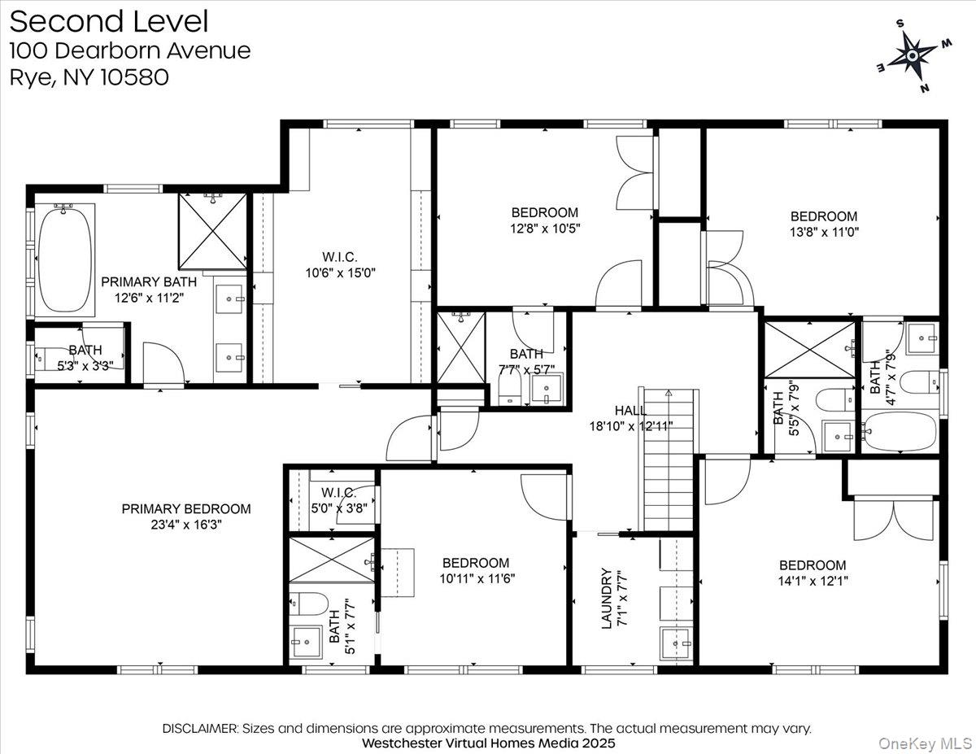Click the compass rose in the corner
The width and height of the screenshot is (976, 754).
coord(912,54)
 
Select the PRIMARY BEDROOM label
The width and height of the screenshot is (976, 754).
coord(186,509)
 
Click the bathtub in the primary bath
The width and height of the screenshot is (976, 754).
coord(66,258)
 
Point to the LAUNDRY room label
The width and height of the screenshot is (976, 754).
coord(606,597)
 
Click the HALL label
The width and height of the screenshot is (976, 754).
coord(630,411)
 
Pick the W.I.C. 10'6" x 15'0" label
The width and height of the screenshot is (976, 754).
coord(339,264)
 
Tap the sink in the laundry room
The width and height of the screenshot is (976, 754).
coord(677,645)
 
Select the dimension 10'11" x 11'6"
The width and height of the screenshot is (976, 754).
coord(476,578)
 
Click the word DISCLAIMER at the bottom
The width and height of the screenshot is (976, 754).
coord(200,728)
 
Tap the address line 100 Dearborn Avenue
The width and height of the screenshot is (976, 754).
coord(130,50)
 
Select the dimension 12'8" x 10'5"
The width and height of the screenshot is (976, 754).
coord(539,229)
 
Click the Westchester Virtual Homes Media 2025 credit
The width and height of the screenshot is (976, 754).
coord(488,743)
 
